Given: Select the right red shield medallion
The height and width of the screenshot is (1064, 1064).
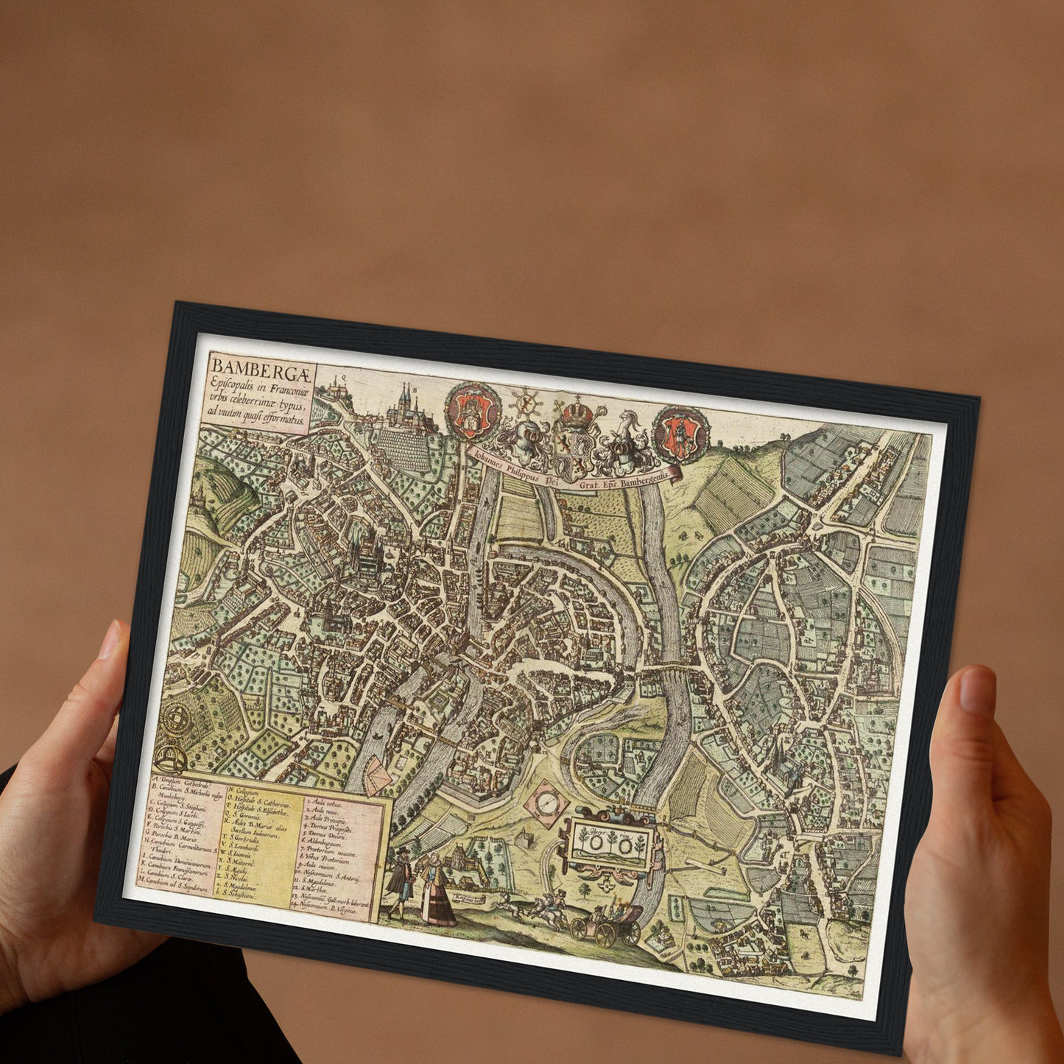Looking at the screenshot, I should [682, 431].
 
